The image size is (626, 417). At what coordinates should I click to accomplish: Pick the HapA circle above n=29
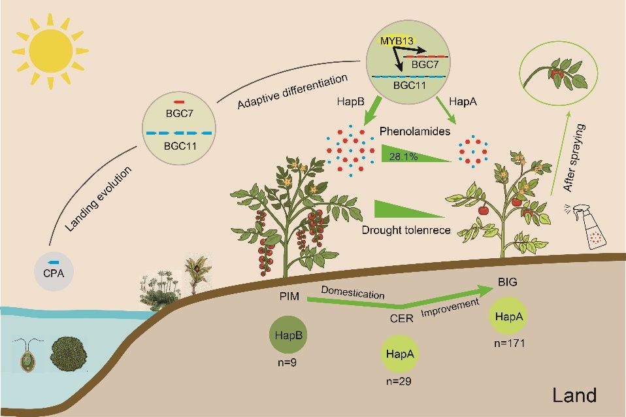point(399,354)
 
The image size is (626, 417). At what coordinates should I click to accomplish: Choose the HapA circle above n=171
point(508,317)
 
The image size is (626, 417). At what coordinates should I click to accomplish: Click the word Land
point(574,395)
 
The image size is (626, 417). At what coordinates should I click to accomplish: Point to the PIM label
point(289,295)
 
